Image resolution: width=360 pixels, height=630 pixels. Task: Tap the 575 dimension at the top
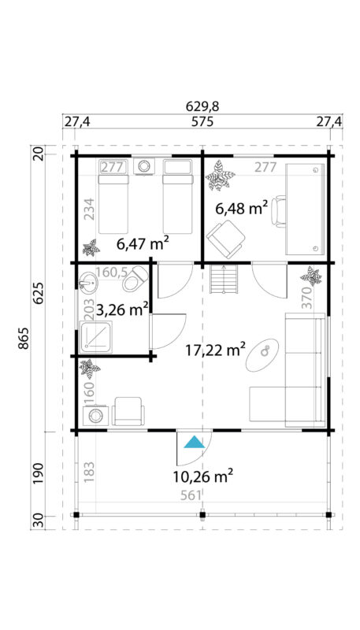[203, 122]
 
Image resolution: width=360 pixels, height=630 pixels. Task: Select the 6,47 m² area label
[143, 244]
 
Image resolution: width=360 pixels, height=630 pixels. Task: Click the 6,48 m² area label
[242, 208]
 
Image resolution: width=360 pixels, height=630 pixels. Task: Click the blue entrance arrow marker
[194, 443]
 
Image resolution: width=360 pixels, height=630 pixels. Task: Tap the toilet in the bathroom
[139, 280]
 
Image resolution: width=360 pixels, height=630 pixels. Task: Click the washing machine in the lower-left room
[96, 415]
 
